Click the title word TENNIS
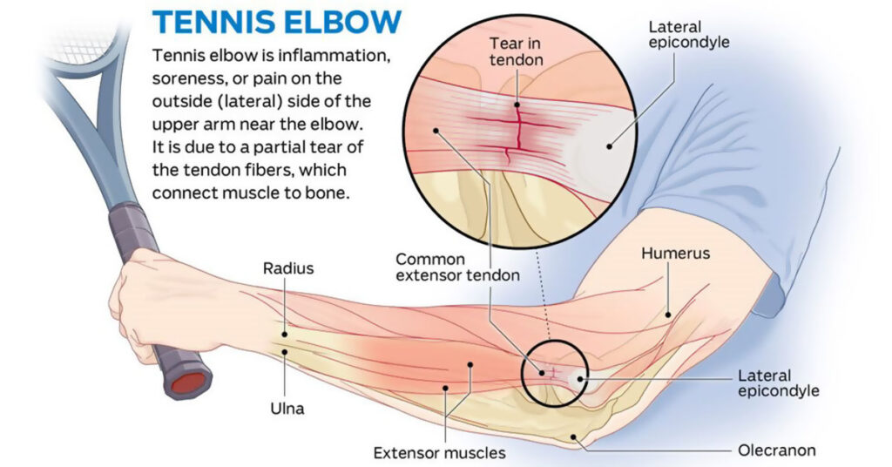[x=211, y=22]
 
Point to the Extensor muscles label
[x=439, y=453]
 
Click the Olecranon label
[x=777, y=450]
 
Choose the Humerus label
[x=676, y=254]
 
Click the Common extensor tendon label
[x=457, y=267]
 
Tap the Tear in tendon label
[x=517, y=51]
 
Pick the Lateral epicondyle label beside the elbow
[x=778, y=383]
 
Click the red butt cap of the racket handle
[x=190, y=382]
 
